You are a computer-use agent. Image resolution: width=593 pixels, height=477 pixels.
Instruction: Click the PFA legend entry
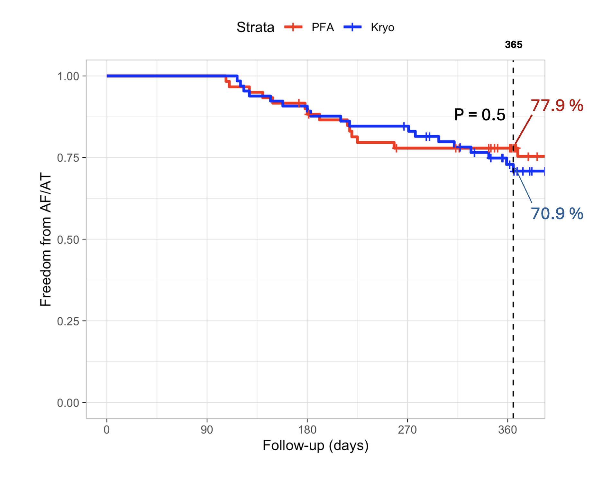point(323,27)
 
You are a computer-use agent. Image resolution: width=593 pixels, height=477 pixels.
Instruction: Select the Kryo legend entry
point(382,27)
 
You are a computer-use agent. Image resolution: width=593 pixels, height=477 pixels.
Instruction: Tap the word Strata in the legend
point(255,27)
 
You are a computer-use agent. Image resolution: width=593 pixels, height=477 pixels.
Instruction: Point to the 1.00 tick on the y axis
point(68,76)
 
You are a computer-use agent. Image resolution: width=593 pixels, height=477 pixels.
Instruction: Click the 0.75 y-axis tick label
point(68,158)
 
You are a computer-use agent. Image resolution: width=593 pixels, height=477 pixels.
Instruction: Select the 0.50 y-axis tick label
point(68,239)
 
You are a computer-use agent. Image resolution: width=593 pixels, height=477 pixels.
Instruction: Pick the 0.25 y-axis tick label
point(68,321)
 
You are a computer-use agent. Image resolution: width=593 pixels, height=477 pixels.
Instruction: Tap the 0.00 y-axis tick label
point(68,403)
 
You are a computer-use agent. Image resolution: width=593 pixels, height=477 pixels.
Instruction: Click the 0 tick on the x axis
point(107,430)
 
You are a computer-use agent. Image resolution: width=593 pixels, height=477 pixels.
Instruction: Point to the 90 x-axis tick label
point(207,430)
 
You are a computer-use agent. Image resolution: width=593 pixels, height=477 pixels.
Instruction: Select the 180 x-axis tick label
point(307,430)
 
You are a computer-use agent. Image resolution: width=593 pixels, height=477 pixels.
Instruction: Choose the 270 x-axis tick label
point(407,430)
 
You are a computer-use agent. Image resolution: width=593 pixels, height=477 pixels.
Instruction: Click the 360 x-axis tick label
point(507,430)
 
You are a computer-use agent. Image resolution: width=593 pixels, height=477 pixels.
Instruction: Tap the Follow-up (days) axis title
point(315,446)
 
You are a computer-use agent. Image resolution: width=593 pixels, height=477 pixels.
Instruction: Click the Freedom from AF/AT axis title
point(46,239)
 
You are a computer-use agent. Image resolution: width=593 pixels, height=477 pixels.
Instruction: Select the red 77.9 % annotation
point(557,106)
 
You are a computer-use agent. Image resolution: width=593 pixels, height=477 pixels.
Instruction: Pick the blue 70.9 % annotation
point(557,214)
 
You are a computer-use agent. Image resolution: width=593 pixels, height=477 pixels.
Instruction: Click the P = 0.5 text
point(479,115)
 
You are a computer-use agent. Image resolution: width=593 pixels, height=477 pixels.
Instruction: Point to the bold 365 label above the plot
point(514,45)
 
